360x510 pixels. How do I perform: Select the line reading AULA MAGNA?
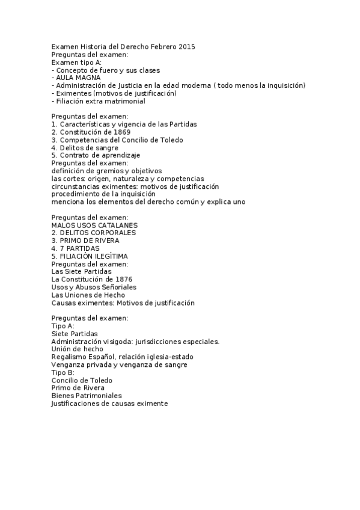tap(78, 78)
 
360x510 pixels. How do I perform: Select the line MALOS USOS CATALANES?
tap(90, 225)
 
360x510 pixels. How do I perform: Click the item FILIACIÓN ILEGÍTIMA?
tap(90, 256)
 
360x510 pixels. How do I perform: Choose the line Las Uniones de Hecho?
tap(88, 295)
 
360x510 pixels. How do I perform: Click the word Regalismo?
tap(69, 357)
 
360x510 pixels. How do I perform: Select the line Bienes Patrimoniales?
tap(87, 396)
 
